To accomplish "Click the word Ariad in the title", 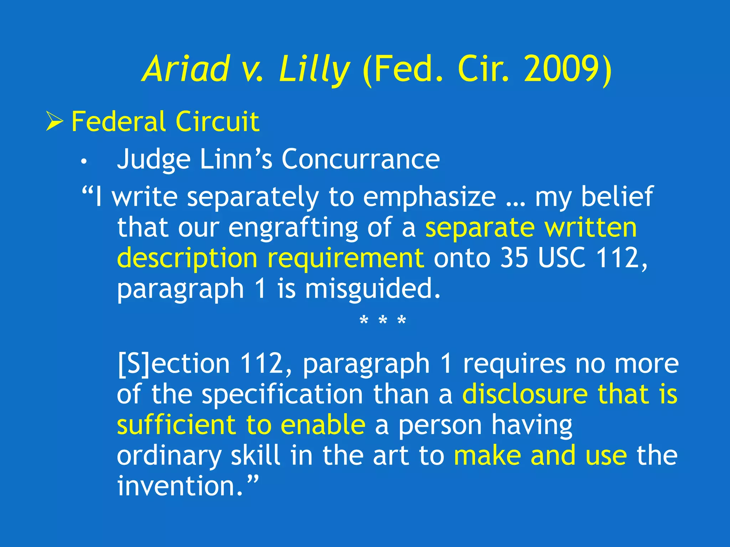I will click(x=186, y=69).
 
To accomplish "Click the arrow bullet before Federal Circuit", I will click(x=54, y=121).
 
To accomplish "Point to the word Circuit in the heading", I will click(x=217, y=121).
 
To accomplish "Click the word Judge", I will click(x=154, y=159).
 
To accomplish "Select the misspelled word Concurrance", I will click(x=360, y=159).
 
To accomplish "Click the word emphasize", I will click(x=429, y=197).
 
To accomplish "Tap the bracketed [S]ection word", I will click(x=174, y=364).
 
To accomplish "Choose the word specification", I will click(x=282, y=394).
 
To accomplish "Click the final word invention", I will click(x=180, y=486).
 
